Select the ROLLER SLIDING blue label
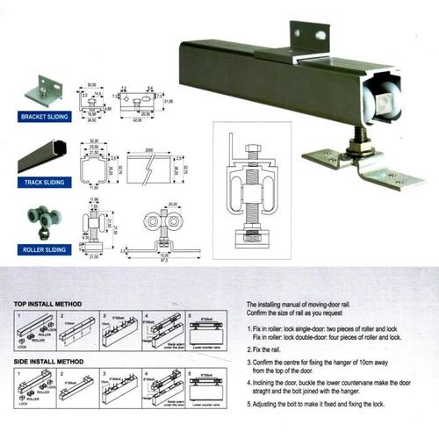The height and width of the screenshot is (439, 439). click(x=41, y=249)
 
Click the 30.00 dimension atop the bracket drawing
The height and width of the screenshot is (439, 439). click(x=92, y=86)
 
